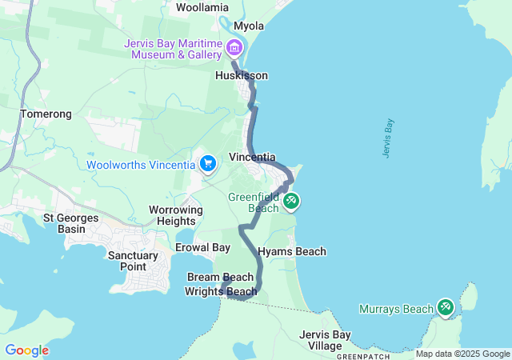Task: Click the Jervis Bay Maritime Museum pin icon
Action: coord(234,46)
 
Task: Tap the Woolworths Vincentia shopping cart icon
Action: coord(208,164)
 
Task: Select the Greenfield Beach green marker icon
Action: coord(291,201)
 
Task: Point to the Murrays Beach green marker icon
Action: coord(445,307)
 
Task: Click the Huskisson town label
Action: coord(242,75)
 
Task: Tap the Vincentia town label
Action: coord(252,157)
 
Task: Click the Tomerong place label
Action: coord(46,114)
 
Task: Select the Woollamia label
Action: coord(202,7)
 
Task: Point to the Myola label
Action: coord(249,26)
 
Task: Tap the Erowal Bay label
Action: coord(202,247)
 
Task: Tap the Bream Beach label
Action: coord(220,277)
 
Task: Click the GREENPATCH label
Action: coord(364,355)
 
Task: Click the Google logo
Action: coord(26,350)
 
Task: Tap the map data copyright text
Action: coord(462,354)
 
